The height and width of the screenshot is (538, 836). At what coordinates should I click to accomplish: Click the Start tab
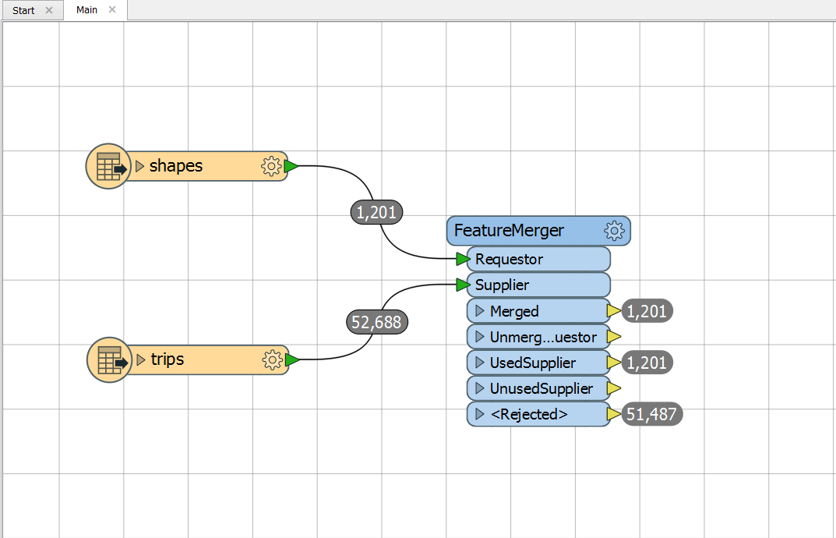click(x=23, y=10)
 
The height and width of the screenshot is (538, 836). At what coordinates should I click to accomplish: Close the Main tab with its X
click(x=112, y=9)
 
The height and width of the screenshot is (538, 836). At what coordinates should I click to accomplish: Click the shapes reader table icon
click(x=109, y=167)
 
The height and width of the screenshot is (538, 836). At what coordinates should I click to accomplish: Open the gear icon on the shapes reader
click(x=271, y=167)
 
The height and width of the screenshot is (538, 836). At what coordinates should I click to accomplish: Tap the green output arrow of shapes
click(x=291, y=167)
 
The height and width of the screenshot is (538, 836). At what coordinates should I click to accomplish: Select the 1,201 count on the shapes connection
click(x=376, y=212)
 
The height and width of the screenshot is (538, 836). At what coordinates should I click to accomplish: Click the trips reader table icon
click(x=109, y=359)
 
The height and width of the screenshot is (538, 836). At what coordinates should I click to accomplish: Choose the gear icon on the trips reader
click(x=273, y=359)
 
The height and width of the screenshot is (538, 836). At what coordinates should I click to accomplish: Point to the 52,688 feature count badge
click(x=377, y=322)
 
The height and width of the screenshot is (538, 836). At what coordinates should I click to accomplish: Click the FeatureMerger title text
click(x=509, y=231)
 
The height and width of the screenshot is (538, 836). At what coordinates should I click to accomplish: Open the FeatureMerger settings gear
click(x=614, y=231)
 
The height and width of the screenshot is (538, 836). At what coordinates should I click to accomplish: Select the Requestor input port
click(x=538, y=259)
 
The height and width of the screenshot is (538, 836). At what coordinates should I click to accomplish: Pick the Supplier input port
click(x=538, y=285)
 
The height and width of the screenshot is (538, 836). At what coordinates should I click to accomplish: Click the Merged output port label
click(x=514, y=310)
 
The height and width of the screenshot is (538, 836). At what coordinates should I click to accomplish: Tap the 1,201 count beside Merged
click(x=647, y=310)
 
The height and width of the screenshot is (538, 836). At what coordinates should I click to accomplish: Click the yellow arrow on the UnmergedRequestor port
click(x=614, y=336)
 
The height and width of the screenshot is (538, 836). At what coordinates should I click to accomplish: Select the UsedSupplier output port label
click(x=533, y=363)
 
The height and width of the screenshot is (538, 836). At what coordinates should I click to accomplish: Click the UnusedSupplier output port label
click(x=541, y=388)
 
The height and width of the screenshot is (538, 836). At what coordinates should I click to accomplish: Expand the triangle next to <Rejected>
click(x=480, y=414)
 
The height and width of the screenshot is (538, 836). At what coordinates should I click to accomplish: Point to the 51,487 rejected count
click(x=651, y=414)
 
